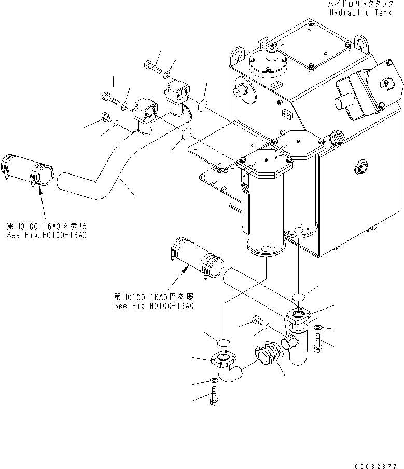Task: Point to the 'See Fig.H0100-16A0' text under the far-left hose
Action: tap(46, 235)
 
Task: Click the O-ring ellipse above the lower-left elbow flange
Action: tap(223, 343)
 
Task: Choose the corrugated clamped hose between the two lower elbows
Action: tap(268, 357)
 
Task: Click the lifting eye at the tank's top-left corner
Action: tap(238, 53)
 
